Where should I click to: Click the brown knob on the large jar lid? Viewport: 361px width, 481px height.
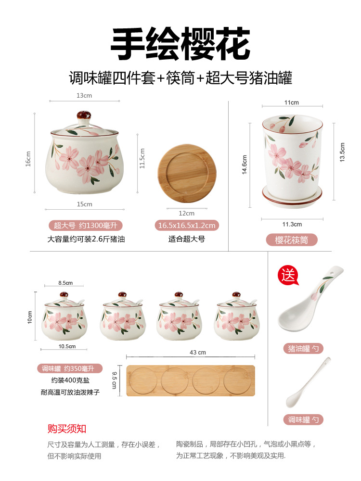(85, 116)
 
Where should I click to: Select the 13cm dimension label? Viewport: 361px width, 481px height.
(84, 95)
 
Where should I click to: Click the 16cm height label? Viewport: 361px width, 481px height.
(28, 159)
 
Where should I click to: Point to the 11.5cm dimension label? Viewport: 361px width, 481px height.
(142, 158)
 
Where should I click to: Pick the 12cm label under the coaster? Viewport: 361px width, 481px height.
(186, 213)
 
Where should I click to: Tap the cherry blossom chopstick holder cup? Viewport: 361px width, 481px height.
(292, 154)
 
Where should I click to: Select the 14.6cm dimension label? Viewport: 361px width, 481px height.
(245, 165)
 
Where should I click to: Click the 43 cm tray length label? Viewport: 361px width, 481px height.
(198, 353)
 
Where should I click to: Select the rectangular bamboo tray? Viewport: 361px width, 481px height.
(191, 380)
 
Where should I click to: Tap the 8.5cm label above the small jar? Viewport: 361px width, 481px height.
(65, 283)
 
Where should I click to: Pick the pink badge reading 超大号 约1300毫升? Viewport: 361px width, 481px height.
(85, 225)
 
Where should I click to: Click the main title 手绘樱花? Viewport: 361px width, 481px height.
(180, 44)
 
